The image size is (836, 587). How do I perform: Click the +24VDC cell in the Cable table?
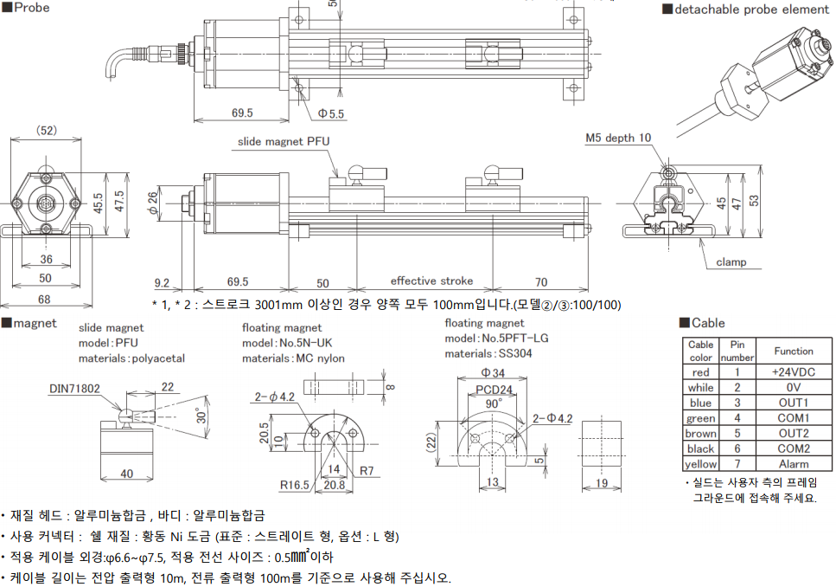[794, 372]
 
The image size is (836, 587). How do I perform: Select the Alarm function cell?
[794, 463]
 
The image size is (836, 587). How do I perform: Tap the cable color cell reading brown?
[700, 433]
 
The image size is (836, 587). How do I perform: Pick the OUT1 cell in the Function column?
[794, 403]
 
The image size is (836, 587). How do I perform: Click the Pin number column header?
[737, 351]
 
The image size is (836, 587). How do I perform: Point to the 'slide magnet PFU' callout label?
[284, 141]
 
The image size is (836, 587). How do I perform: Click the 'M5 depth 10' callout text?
[618, 138]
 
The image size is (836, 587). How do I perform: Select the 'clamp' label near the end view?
[731, 261]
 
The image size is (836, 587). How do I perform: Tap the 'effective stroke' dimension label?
[432, 281]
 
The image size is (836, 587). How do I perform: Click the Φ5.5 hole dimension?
[331, 113]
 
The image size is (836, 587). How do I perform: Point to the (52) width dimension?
[47, 131]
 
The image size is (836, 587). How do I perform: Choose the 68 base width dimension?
[44, 299]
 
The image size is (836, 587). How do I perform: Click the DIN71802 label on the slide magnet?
[74, 389]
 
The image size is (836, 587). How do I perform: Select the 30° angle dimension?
[201, 415]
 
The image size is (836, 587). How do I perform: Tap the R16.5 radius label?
[295, 485]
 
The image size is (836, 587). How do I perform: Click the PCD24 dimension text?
[495, 390]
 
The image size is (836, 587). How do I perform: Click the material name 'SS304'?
[515, 353]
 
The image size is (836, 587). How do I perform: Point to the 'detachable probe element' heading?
[752, 10]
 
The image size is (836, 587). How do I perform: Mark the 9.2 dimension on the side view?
[162, 283]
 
